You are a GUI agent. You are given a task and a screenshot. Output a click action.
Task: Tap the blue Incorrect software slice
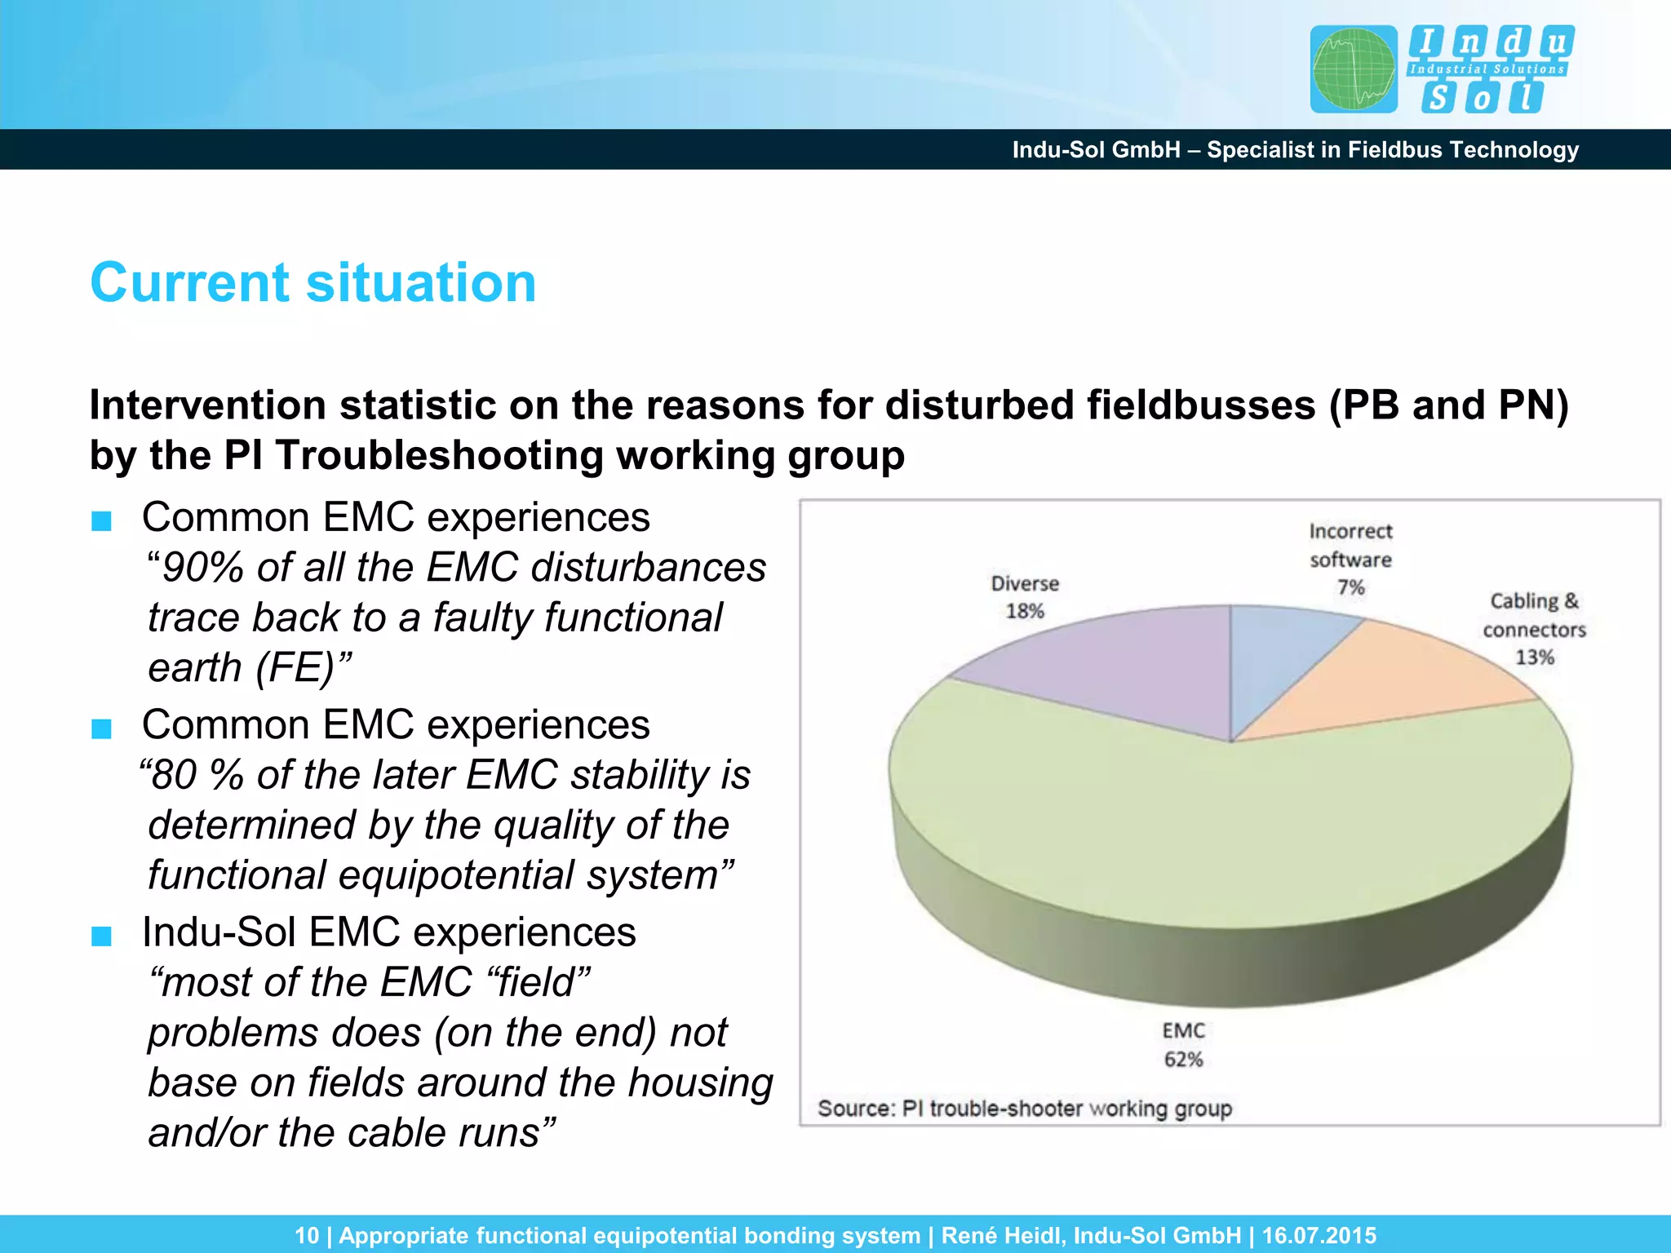1273,653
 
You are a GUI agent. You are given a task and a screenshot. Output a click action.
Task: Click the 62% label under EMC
1183,1060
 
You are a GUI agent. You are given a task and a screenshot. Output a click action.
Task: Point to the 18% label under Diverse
1025,611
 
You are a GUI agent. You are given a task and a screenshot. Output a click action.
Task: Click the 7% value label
1350,587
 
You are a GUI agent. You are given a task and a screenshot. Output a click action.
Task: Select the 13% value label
1534,657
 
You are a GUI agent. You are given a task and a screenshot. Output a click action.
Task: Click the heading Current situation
313,282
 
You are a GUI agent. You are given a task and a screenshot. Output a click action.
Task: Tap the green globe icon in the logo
1354,69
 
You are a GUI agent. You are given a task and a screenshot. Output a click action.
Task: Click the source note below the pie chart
1025,1109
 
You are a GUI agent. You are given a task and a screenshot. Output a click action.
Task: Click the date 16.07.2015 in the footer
1319,1235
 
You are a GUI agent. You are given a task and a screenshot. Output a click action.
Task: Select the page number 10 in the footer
307,1235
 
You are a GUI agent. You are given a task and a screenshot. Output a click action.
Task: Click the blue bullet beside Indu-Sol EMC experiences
101,936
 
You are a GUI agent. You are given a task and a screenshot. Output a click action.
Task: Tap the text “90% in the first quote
196,568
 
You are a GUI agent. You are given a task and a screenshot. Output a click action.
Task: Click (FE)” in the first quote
303,668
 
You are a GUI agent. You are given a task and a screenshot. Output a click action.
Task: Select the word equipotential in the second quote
457,875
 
